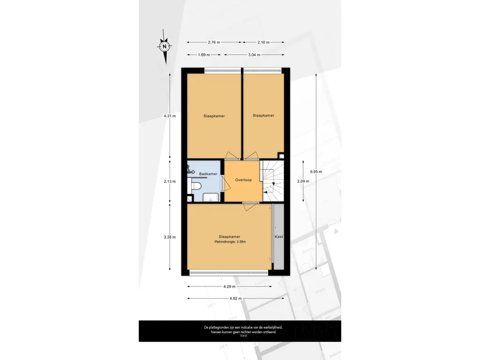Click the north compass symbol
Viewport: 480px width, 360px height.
pos(165,46)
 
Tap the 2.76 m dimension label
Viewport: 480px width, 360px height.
pos(214,42)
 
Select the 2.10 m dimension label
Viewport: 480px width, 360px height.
pos(263,42)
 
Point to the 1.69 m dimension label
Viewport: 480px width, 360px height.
pos(204,55)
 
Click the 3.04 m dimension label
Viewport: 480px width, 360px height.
pos(254,55)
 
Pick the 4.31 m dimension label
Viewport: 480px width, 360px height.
pos(170,116)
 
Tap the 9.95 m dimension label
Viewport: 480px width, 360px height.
pos(316,172)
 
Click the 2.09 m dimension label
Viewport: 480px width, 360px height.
pos(303,181)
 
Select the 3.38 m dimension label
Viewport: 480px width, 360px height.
pos(170,237)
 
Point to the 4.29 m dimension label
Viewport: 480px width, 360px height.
pos(229,286)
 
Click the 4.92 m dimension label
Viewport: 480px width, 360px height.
pos(235,299)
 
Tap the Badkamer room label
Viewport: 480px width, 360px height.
pos(208,174)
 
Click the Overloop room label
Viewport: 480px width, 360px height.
pos(243,180)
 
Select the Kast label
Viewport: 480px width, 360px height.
pos(279,237)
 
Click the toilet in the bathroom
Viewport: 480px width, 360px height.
pos(196,186)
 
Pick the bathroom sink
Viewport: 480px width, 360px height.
pos(210,197)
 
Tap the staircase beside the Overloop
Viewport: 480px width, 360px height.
pos(273,181)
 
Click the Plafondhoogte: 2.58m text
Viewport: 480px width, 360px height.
pos(230,242)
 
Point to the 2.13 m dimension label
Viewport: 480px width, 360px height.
pos(170,181)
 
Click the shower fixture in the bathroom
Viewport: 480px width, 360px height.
pos(190,170)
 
